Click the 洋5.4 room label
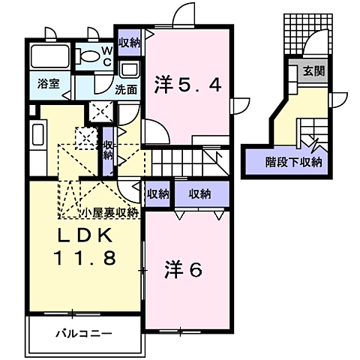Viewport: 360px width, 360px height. pos(188,84)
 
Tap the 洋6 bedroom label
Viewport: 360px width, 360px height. pos(183,271)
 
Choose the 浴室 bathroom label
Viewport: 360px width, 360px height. pos(44,85)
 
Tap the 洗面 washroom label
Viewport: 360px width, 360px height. pos(125,88)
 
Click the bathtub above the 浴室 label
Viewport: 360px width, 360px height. pos(49,56)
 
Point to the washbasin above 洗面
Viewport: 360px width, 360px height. pos(128,70)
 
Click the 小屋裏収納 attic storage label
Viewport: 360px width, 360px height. pos(111,212)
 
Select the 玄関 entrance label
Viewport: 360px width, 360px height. pos(312,72)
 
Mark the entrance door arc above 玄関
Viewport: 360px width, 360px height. pos(318,44)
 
